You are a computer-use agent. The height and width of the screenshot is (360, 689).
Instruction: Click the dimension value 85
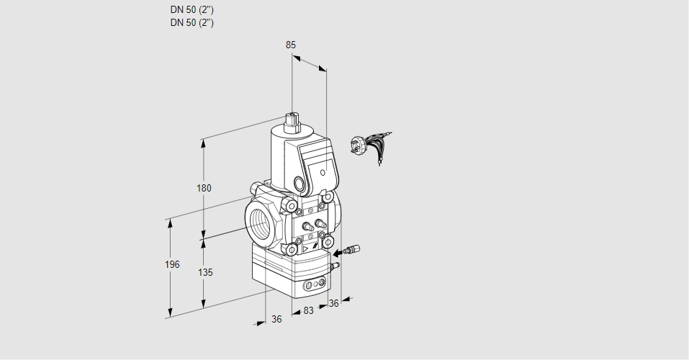[290, 45]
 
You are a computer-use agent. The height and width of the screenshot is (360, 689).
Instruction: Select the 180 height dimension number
[204, 188]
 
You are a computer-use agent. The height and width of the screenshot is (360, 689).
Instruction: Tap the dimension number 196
[172, 264]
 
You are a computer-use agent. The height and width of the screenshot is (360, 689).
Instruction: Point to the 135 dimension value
[205, 273]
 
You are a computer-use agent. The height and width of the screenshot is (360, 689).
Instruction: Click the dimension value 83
[308, 311]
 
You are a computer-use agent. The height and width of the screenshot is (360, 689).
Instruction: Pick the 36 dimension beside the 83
[334, 303]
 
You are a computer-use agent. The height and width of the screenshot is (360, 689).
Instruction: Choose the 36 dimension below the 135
[276, 320]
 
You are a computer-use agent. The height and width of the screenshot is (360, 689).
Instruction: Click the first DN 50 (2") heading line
[192, 9]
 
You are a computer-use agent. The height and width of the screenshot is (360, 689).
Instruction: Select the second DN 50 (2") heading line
[192, 23]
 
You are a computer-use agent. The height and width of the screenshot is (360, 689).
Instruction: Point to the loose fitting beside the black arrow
[352, 250]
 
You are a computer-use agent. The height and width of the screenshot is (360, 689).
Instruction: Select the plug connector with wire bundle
[370, 146]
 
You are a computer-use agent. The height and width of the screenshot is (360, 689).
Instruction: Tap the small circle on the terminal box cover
[323, 172]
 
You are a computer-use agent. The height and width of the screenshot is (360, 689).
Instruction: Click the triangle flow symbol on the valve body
[305, 249]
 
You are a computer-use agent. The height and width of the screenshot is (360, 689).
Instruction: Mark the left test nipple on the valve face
[308, 227]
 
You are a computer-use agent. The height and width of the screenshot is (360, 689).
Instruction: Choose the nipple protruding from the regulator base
[336, 266]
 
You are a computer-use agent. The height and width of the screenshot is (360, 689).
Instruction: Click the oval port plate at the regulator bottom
[315, 284]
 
